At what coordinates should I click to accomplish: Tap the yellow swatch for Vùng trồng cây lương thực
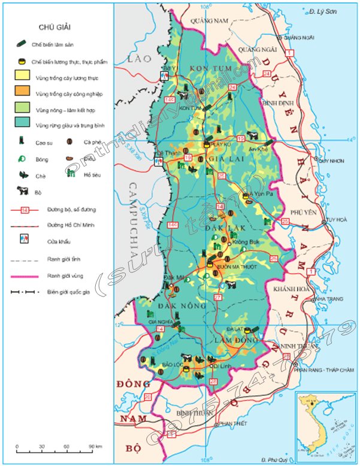[22, 78]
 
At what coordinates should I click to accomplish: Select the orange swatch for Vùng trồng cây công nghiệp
[22, 93]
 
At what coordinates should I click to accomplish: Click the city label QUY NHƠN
[333, 161]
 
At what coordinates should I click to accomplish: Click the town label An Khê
[258, 149]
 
